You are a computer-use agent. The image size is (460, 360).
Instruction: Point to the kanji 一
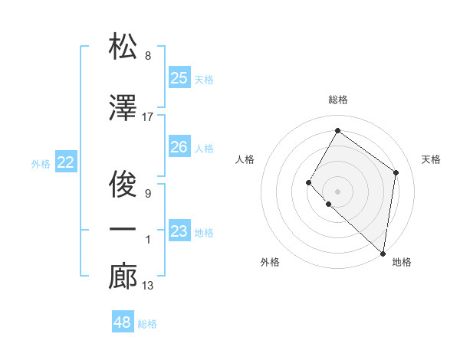(123, 229)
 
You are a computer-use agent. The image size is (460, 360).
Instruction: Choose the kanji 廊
(123, 277)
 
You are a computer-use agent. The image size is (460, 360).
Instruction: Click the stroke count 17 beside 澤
(148, 117)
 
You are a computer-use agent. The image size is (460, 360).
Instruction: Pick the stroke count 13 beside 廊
(148, 286)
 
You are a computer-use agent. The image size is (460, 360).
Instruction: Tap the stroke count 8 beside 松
(147, 56)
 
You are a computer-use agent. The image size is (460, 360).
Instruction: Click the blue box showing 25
(179, 78)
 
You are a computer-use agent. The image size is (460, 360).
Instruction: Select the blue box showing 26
(179, 147)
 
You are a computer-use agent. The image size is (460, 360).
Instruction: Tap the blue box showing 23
(179, 231)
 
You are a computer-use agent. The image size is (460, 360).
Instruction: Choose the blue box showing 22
(66, 162)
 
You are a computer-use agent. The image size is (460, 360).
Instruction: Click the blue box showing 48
(123, 322)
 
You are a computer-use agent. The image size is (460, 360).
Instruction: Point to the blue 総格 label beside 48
(147, 324)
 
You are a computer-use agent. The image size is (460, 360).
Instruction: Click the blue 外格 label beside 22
(41, 163)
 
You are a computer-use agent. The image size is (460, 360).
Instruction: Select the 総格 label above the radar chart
(338, 100)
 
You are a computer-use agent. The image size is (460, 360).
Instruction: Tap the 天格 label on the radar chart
(431, 159)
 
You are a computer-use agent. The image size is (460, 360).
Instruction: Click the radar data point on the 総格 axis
(337, 131)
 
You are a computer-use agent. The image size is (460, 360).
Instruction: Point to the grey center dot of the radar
(337, 191)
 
